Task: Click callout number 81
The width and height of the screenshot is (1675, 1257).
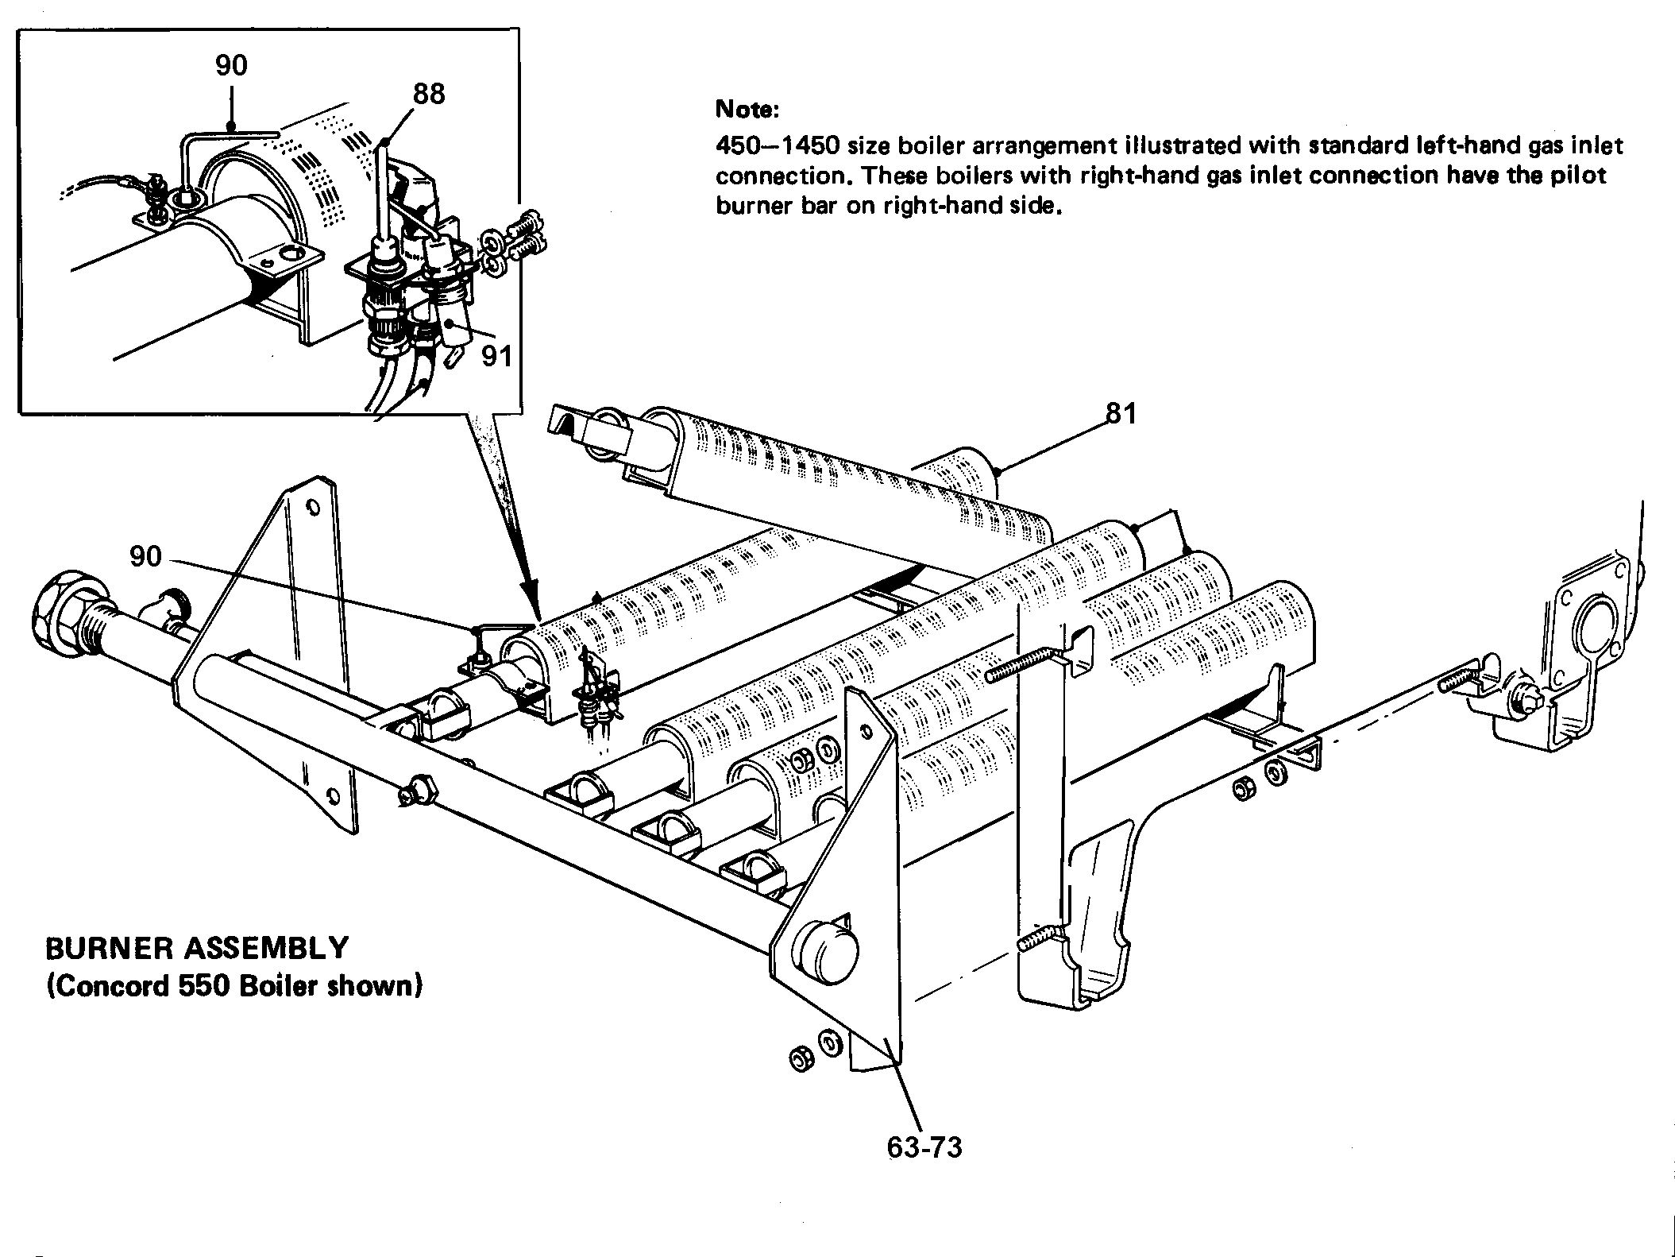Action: pyautogui.click(x=1120, y=414)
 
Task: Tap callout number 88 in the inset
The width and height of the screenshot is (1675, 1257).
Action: pyautogui.click(x=429, y=95)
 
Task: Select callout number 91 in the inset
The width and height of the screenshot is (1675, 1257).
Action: pyautogui.click(x=497, y=355)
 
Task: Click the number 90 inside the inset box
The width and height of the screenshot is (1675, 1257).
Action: pyautogui.click(x=231, y=65)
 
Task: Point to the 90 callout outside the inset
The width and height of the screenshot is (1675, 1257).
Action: pyautogui.click(x=146, y=557)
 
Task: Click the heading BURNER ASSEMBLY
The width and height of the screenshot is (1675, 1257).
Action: pyautogui.click(x=197, y=948)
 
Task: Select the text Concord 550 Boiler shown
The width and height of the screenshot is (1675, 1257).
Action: pyautogui.click(x=234, y=986)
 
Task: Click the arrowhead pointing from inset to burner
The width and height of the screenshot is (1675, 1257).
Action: pyautogui.click(x=531, y=608)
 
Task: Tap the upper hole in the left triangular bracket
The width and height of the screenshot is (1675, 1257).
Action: pyautogui.click(x=313, y=506)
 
